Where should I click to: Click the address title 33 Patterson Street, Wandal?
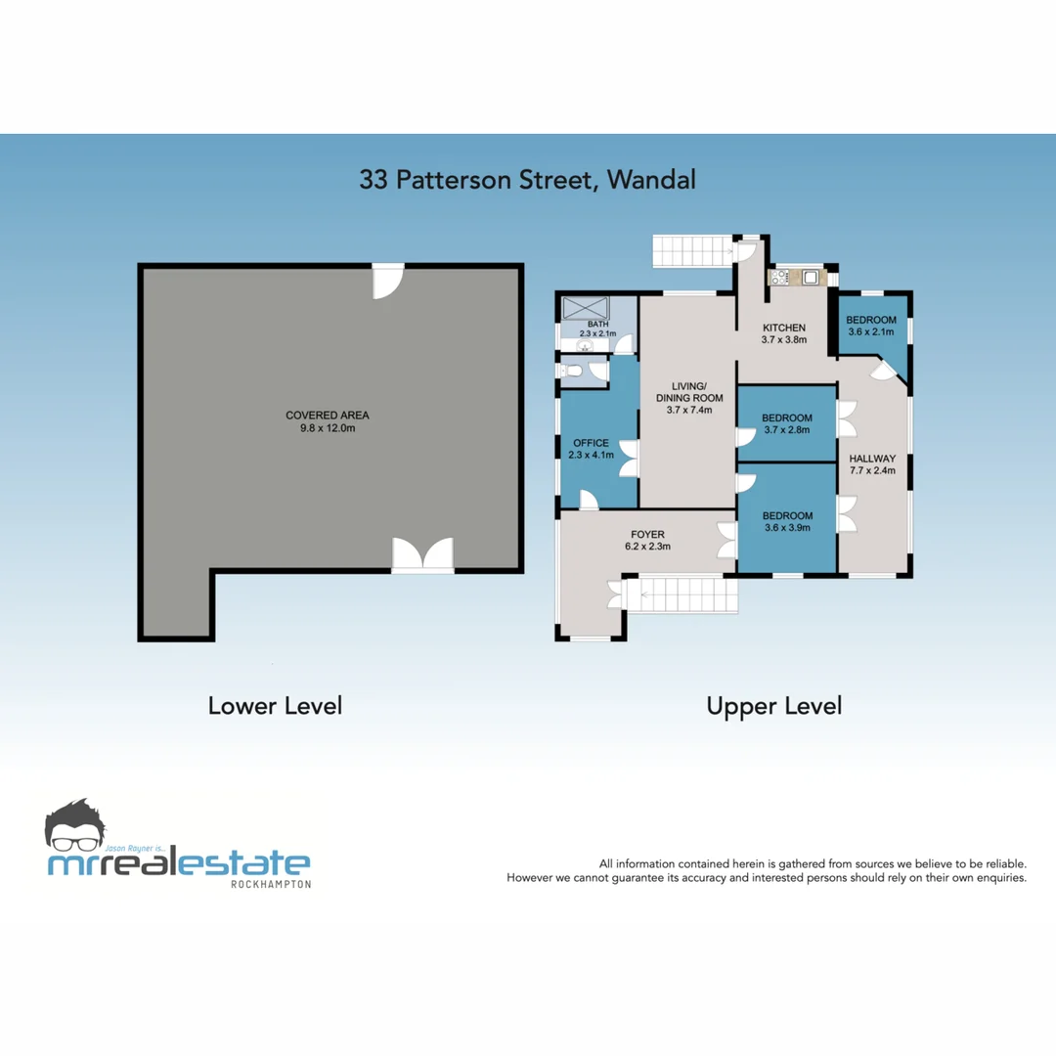tap(527, 180)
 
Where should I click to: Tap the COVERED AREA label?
tap(328, 415)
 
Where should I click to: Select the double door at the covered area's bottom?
tap(422, 554)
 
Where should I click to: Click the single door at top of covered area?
tap(388, 281)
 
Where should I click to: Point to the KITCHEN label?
tap(784, 328)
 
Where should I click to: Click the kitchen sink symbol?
tap(811, 277)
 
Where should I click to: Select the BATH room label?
tap(597, 324)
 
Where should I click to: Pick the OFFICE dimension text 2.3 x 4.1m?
tap(593, 455)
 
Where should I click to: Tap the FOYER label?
tap(647, 534)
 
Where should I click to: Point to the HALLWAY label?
tap(872, 458)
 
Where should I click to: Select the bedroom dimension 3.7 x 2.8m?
tap(787, 431)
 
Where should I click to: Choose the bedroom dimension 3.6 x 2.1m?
tap(870, 332)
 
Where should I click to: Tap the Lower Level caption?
tap(275, 705)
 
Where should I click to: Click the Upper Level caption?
tap(773, 705)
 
